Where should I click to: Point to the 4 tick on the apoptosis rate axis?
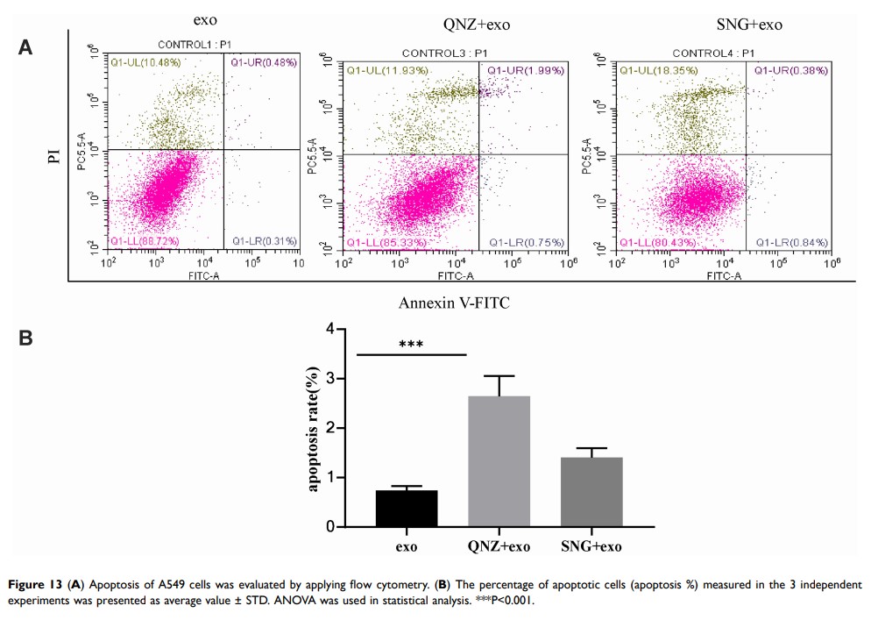click(329, 330)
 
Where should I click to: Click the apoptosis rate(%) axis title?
click(313, 428)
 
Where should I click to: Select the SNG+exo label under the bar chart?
click(591, 548)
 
